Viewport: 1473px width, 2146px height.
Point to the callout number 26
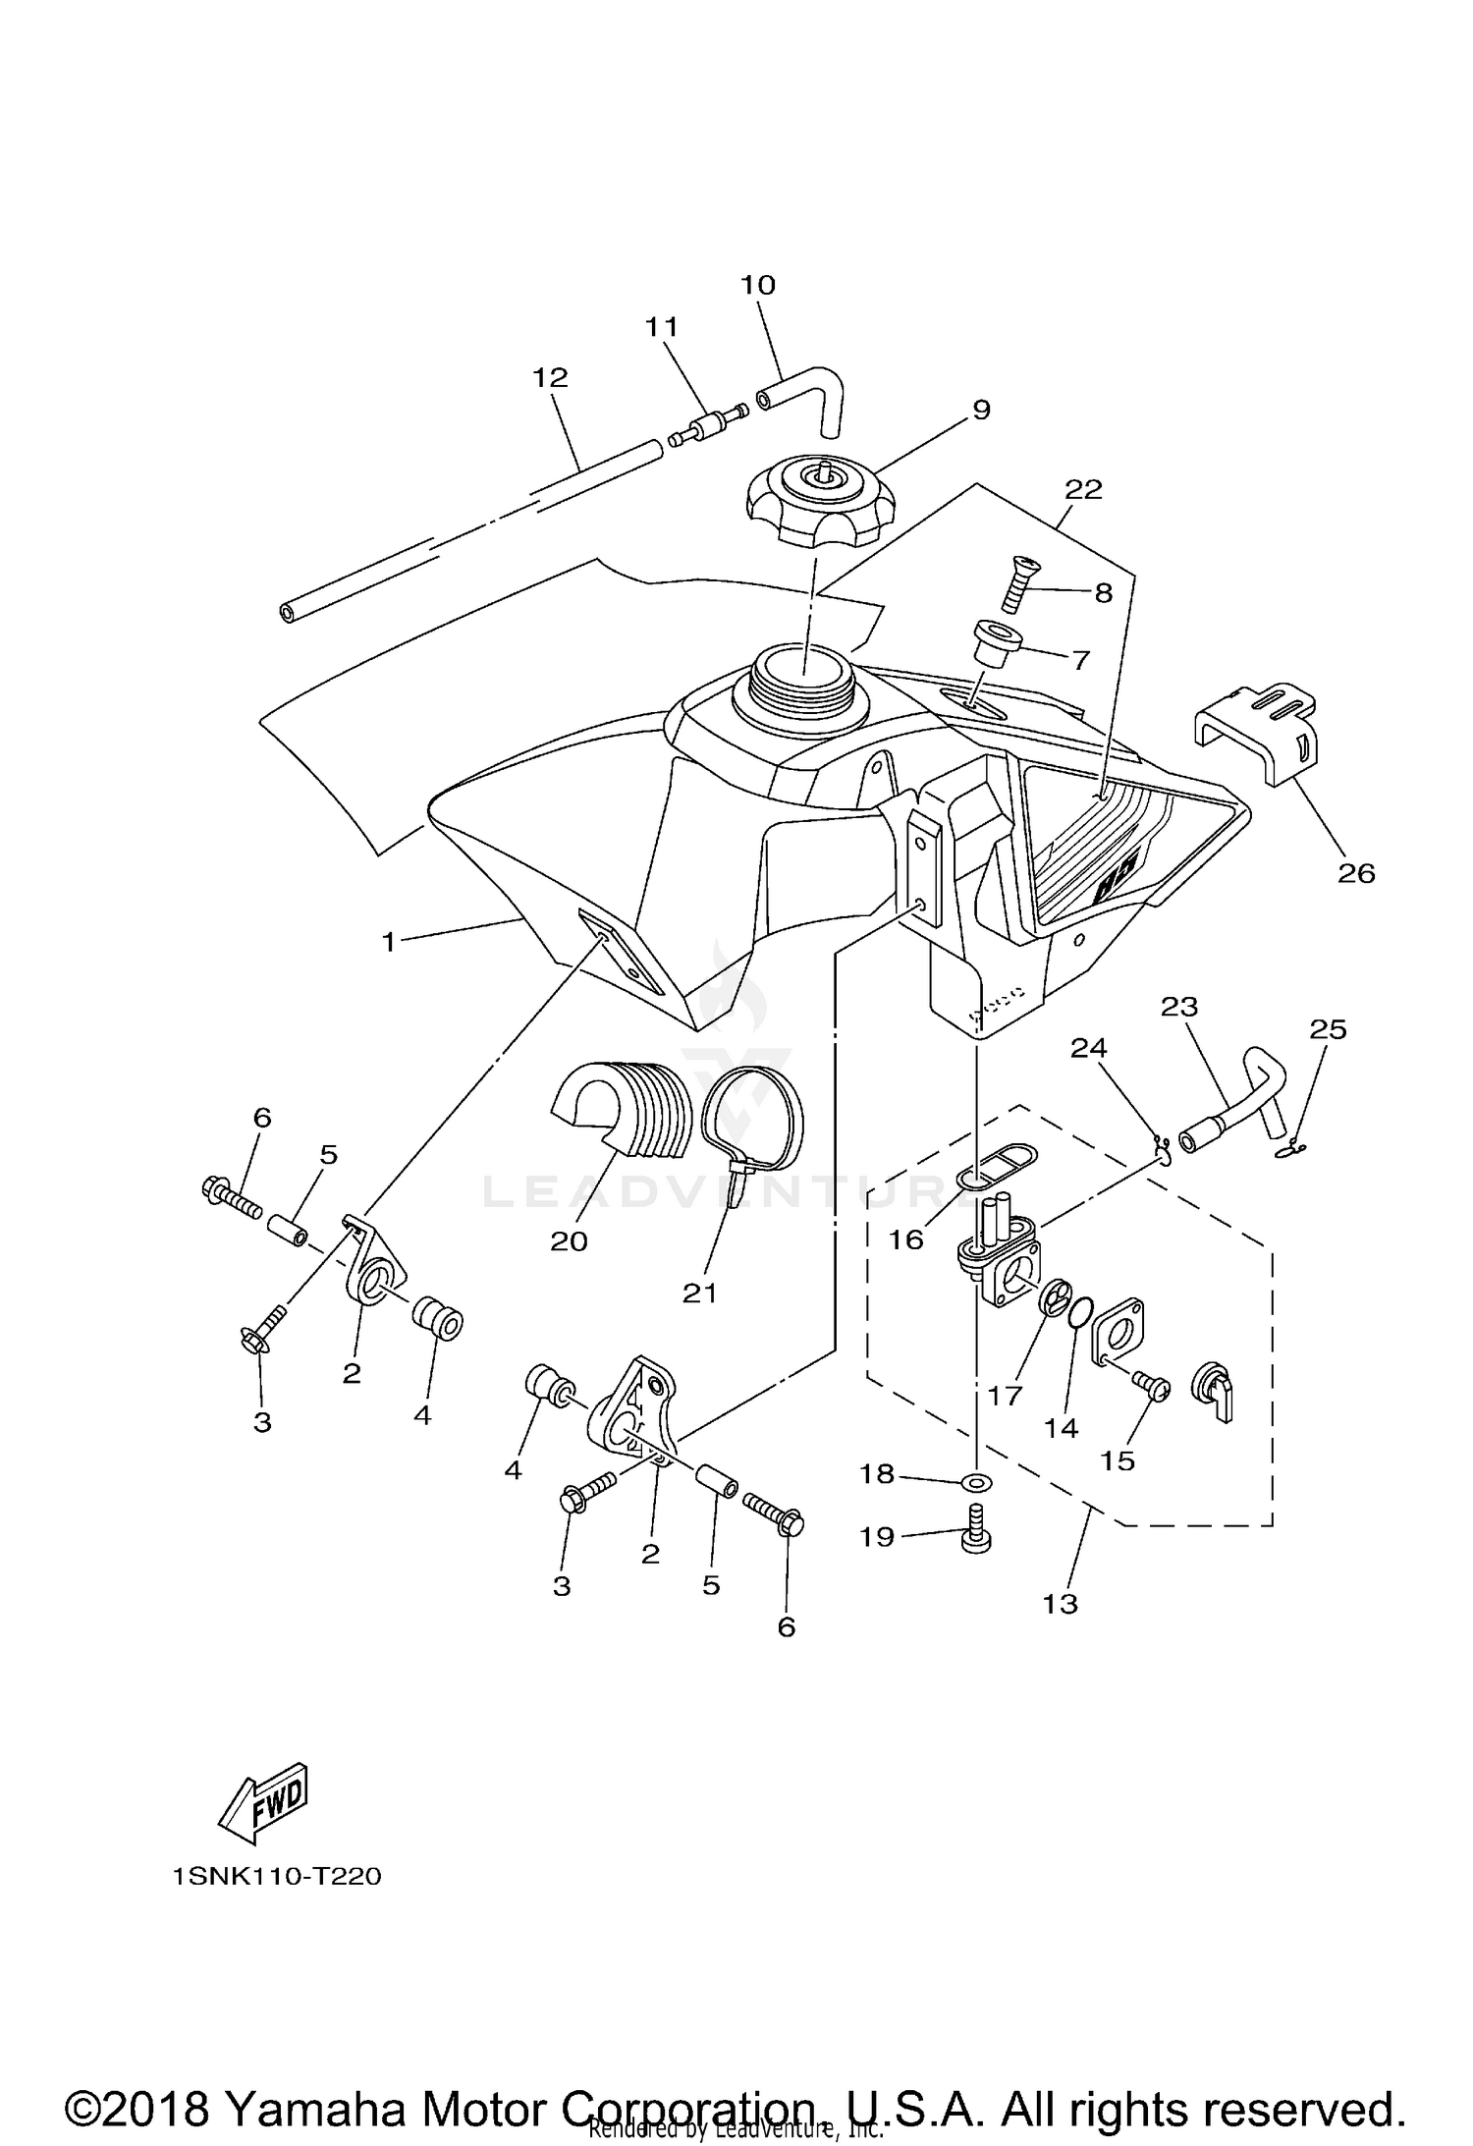tap(1356, 872)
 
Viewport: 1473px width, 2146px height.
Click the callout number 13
tap(1061, 1604)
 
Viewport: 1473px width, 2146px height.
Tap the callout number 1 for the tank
tap(389, 942)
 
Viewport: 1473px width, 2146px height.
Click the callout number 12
tap(551, 377)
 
